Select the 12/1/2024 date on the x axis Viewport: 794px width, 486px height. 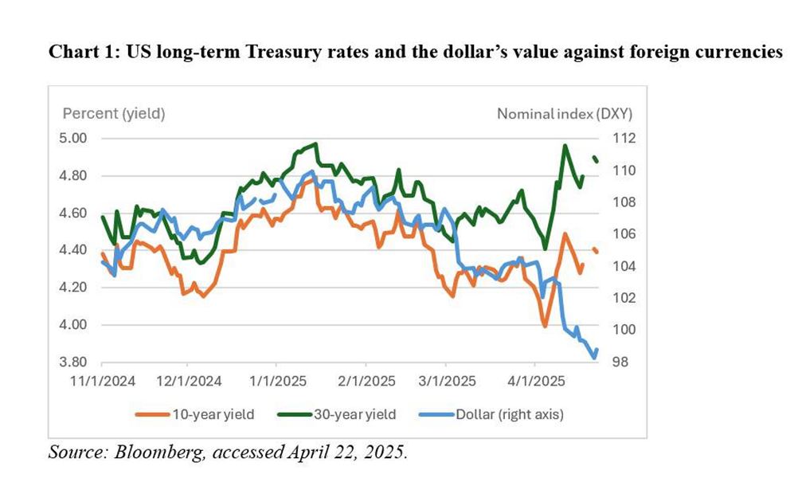pyautogui.click(x=190, y=381)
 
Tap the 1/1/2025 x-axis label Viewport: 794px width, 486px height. pyautogui.click(x=276, y=381)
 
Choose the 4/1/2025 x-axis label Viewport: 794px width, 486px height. pyautogui.click(x=534, y=381)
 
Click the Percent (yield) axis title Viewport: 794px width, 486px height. pyautogui.click(x=114, y=113)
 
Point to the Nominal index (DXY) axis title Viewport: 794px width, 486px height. pyautogui.click(x=570, y=113)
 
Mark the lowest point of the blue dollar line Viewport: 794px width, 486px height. pyautogui.click(x=593, y=358)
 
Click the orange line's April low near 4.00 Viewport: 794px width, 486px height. pyautogui.click(x=545, y=325)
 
